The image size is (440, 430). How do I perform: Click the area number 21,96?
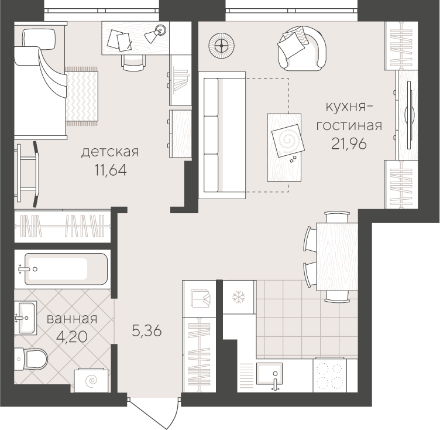pyautogui.click(x=349, y=144)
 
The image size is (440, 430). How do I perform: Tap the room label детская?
pyautogui.click(x=110, y=152)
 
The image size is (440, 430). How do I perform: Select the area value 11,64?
pyautogui.click(x=111, y=170)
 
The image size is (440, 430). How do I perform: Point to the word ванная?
pyautogui.click(x=72, y=319)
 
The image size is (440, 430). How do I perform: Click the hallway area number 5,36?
pyautogui.click(x=147, y=331)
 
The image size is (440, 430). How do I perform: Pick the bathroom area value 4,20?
pyautogui.click(x=72, y=336)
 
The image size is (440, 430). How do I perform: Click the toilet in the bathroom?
pyautogui.click(x=31, y=359)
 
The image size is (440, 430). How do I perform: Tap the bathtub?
pyautogui.click(x=66, y=269)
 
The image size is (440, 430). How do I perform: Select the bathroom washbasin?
pyautogui.click(x=26, y=318)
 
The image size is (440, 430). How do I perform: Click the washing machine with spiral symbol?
pyautogui.click(x=92, y=380)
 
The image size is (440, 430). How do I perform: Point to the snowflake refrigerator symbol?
pyautogui.click(x=239, y=298)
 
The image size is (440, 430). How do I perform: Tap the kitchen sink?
pyautogui.click(x=269, y=375)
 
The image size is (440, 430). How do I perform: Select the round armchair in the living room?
pyautogui.click(x=302, y=49)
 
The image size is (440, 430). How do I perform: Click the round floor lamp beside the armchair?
pyautogui.click(x=222, y=46)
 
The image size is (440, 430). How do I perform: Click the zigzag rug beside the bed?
pyautogui.click(x=82, y=95)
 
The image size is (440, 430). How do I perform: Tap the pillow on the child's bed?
pyautogui.click(x=39, y=39)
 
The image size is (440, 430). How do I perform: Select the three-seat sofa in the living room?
pyautogui.click(x=222, y=135)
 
